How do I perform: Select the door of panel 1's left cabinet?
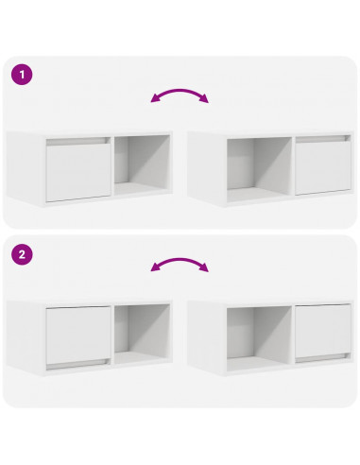point(77,171)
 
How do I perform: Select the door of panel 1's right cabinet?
point(321,166)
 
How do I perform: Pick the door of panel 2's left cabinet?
point(77,336)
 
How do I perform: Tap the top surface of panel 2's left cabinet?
point(90,302)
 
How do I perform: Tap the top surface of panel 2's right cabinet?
point(274,302)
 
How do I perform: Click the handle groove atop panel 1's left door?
point(77,144)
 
